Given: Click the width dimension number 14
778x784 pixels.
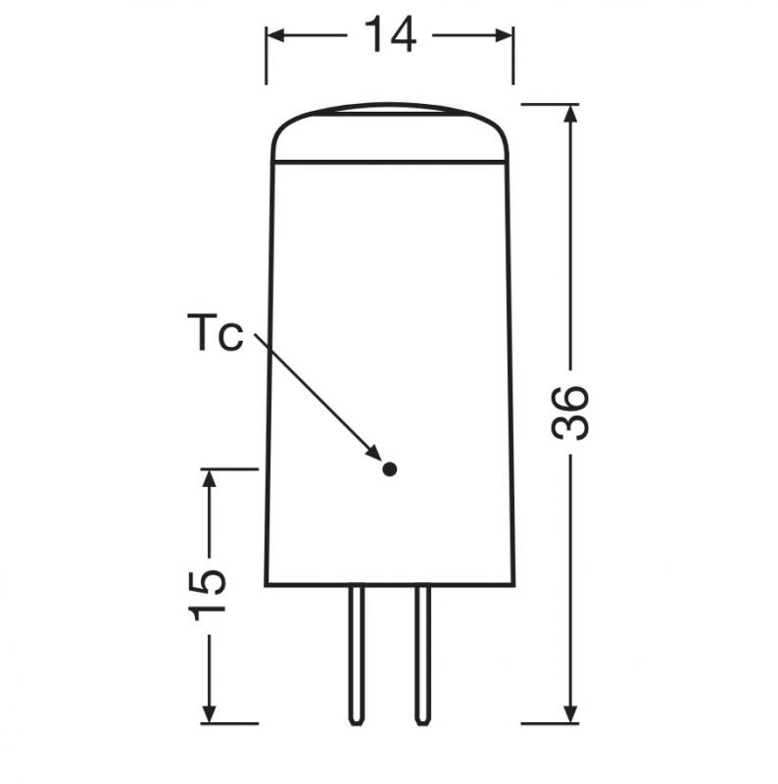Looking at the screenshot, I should (390, 35).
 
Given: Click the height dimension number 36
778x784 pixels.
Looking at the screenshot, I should (571, 412).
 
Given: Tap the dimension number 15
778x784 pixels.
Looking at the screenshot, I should (209, 592).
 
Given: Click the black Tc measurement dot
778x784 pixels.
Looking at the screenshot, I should (389, 469).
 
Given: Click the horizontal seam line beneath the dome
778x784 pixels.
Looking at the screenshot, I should (390, 161).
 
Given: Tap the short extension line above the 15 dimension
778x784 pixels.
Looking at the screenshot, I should (229, 468).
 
